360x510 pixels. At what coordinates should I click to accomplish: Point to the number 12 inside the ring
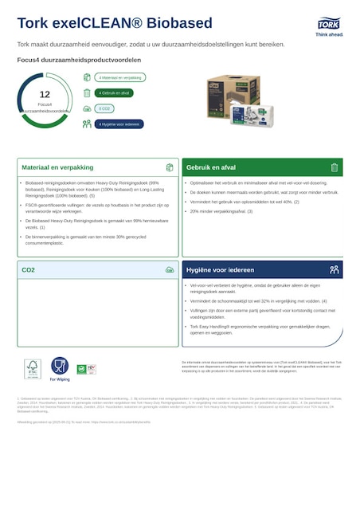point(45,95)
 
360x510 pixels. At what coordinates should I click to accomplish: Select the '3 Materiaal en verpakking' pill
point(120,78)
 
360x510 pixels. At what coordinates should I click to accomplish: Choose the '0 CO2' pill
point(104,108)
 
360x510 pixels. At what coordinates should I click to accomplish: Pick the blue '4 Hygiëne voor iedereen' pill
point(119,124)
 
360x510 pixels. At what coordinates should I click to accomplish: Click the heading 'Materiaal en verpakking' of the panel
point(57,168)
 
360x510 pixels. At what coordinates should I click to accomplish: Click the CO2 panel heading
point(29,270)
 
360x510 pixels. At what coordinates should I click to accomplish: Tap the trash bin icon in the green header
point(335,167)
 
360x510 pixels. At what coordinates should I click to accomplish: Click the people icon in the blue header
point(335,270)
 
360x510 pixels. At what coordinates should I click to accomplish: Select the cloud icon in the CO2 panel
point(170,270)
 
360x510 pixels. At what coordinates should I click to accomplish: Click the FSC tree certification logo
point(32,368)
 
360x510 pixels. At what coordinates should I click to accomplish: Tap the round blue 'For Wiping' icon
point(60,367)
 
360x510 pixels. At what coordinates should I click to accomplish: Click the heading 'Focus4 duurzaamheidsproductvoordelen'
point(79,60)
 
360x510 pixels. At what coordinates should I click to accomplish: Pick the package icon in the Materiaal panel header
point(170,167)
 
